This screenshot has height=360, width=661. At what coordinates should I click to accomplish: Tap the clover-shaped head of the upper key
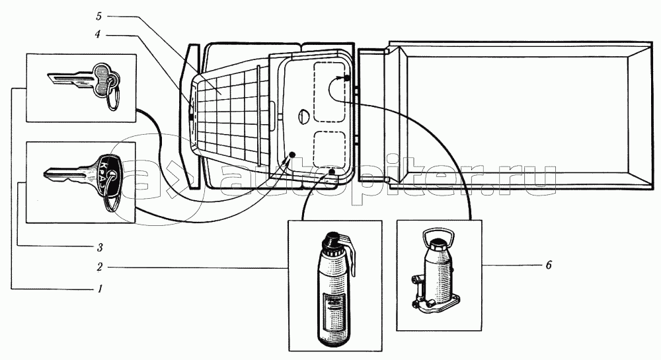click(103, 74)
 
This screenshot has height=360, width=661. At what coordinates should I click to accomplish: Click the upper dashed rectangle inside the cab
click(333, 91)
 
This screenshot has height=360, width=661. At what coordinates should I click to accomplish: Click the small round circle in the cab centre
click(302, 117)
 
